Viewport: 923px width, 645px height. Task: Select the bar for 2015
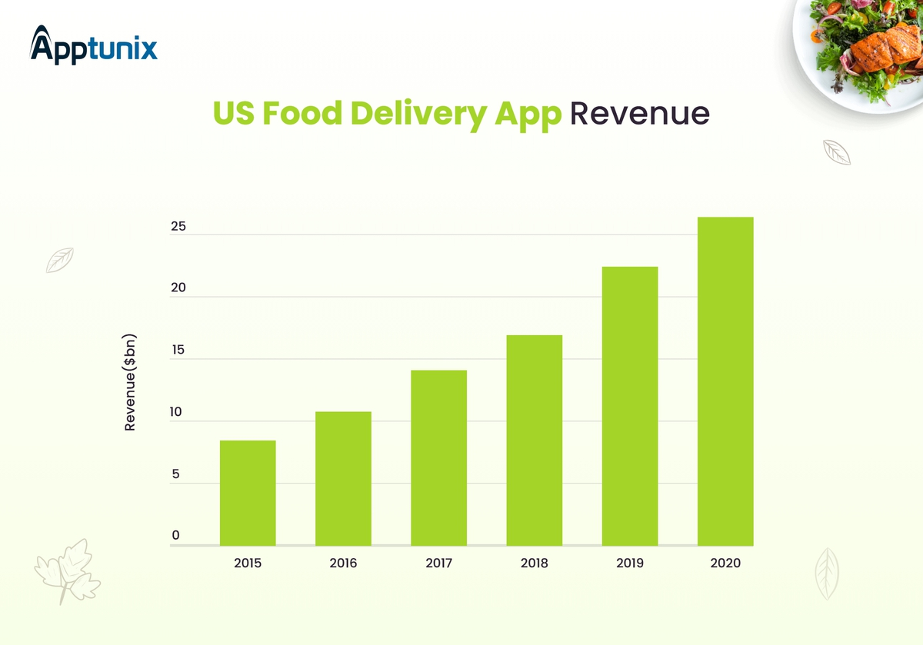click(x=248, y=493)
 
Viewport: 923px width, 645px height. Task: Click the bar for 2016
click(x=343, y=478)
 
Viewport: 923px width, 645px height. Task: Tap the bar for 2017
click(x=438, y=457)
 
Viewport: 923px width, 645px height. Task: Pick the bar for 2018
click(x=534, y=440)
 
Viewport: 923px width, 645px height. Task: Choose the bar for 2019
click(x=630, y=406)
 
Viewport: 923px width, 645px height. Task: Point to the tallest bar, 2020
click(x=725, y=381)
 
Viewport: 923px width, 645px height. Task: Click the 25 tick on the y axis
click(x=178, y=227)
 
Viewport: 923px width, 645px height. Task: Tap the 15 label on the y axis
click(x=178, y=351)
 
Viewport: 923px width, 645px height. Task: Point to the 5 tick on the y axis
click(x=175, y=474)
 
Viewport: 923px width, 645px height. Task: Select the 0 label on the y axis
click(x=175, y=535)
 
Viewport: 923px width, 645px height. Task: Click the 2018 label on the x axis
click(x=534, y=564)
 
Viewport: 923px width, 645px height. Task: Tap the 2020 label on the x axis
click(x=725, y=564)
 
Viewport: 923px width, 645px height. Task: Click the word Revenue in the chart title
click(x=639, y=114)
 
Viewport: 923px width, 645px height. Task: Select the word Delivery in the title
click(x=415, y=114)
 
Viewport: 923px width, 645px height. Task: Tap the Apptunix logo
click(x=94, y=46)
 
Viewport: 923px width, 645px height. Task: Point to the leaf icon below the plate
click(x=836, y=152)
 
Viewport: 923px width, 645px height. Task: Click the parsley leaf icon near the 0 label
click(x=68, y=570)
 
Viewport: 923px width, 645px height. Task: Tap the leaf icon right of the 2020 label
click(x=827, y=574)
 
